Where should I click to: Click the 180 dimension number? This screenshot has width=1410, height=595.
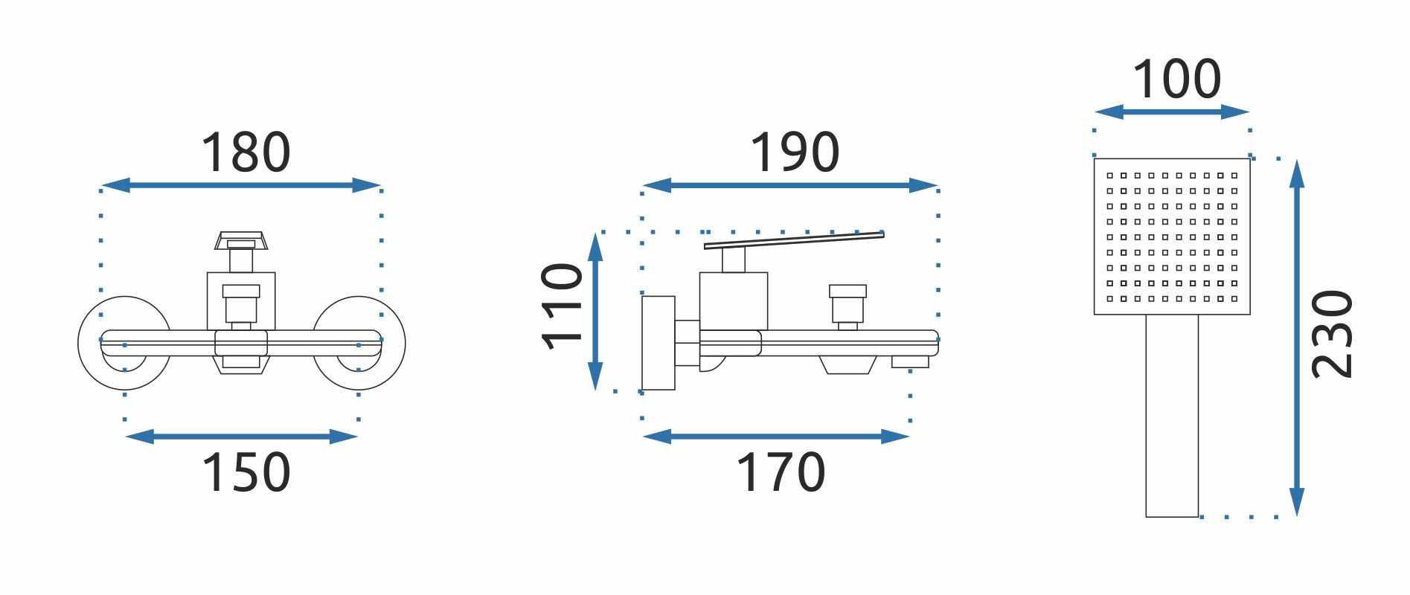tap(246, 152)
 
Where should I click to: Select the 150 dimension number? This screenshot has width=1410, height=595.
tap(246, 472)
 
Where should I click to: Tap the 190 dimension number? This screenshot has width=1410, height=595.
tap(795, 152)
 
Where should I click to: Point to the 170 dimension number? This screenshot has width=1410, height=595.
tap(781, 472)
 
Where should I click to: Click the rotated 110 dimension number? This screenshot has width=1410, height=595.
tap(562, 306)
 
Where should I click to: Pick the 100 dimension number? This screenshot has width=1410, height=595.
tap(1176, 80)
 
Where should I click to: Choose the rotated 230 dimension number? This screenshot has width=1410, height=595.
tap(1332, 334)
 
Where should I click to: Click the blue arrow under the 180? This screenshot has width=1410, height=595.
tap(240, 185)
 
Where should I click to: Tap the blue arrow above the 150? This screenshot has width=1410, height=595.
tap(242, 437)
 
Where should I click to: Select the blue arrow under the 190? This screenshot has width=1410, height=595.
tap(789, 185)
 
